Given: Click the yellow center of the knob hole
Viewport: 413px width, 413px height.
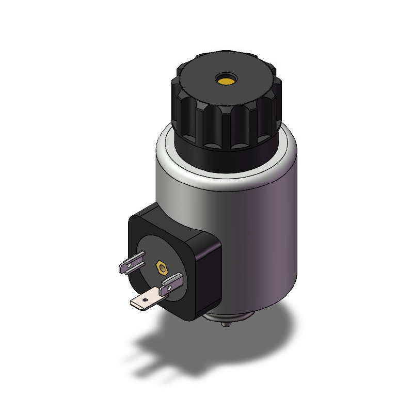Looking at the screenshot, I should tap(226, 81).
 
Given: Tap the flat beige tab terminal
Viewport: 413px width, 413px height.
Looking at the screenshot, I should tap(144, 300).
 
